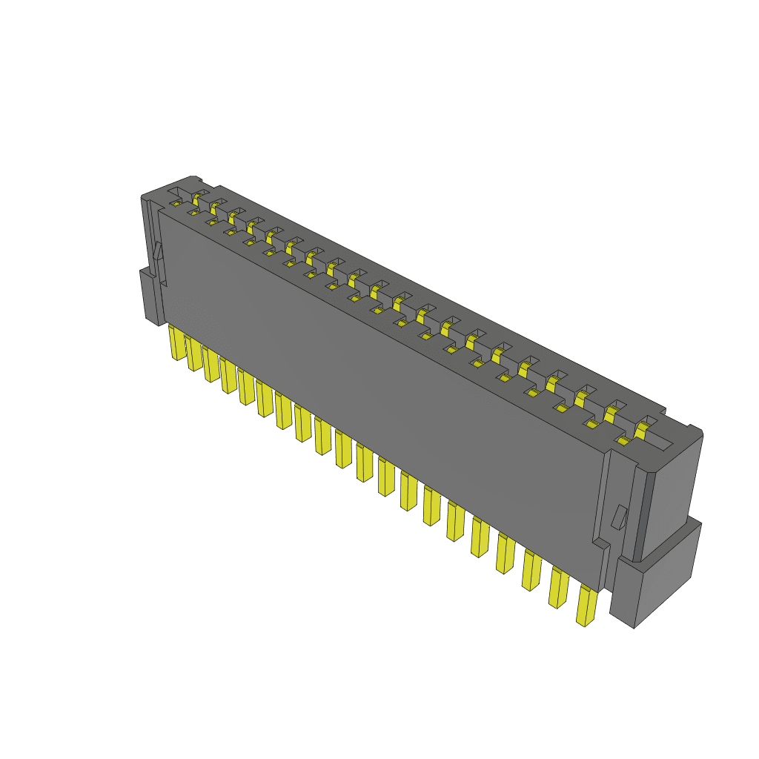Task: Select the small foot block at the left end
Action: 150,296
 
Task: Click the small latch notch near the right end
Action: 617,517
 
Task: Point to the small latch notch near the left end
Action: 157,252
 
